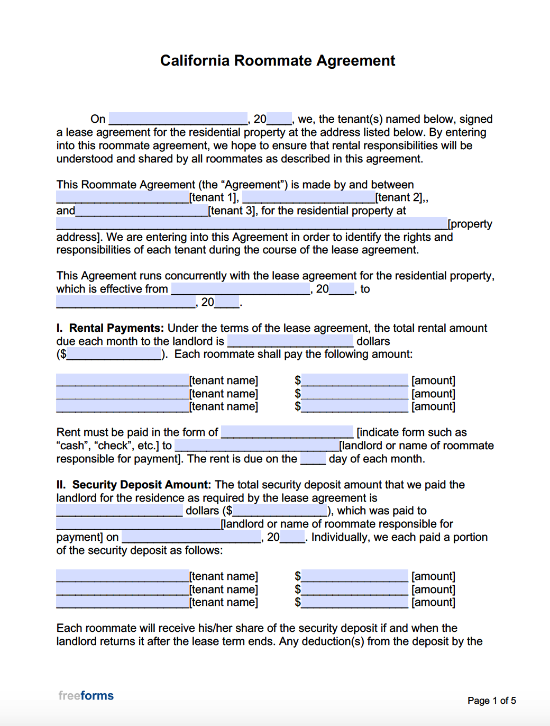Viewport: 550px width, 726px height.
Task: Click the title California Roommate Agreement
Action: (x=278, y=61)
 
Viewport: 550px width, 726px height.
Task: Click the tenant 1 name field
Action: (x=123, y=197)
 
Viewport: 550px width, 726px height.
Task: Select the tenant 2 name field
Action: (x=309, y=197)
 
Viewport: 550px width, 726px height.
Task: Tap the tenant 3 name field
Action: (x=142, y=211)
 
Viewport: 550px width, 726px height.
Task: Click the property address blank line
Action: (x=252, y=224)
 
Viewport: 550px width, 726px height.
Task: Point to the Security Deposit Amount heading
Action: (x=141, y=485)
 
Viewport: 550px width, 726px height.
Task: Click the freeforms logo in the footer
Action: (x=86, y=696)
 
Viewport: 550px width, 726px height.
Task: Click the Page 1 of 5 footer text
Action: (x=491, y=701)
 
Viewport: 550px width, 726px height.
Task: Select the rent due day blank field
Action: (x=313, y=459)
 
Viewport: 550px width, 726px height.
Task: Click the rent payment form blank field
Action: (x=287, y=432)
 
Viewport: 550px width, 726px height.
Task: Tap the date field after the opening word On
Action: (x=178, y=119)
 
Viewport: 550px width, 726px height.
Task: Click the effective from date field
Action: (x=241, y=289)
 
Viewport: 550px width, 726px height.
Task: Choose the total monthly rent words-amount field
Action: (x=290, y=341)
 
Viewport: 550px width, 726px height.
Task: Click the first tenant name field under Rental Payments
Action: (x=123, y=380)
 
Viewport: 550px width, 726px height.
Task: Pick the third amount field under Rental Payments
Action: (x=355, y=406)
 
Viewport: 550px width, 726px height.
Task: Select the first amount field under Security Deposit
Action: (x=355, y=576)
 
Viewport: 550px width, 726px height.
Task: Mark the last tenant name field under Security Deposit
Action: (x=123, y=602)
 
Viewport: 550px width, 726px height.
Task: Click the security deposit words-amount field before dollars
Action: (x=120, y=511)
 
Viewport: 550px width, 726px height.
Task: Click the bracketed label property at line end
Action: (x=470, y=224)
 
